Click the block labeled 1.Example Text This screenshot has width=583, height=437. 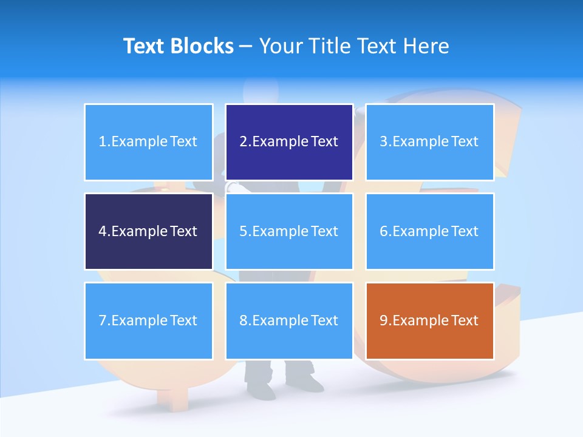[x=148, y=142]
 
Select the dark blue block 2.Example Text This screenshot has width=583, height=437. [x=289, y=142]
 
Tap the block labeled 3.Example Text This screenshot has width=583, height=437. [x=429, y=142]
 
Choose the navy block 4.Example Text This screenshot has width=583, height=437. [x=148, y=231]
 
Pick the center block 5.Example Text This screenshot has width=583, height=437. [x=289, y=231]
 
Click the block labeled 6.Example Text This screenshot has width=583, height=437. [x=429, y=231]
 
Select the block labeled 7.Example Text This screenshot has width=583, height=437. [x=148, y=320]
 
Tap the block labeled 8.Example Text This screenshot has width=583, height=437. [x=289, y=320]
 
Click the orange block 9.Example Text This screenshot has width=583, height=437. [x=429, y=320]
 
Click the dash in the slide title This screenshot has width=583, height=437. [x=246, y=47]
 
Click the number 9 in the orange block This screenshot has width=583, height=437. [x=384, y=320]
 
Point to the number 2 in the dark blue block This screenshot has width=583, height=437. [x=244, y=142]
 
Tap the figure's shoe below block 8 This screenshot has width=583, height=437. [x=307, y=382]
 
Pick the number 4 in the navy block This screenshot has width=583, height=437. [x=103, y=231]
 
